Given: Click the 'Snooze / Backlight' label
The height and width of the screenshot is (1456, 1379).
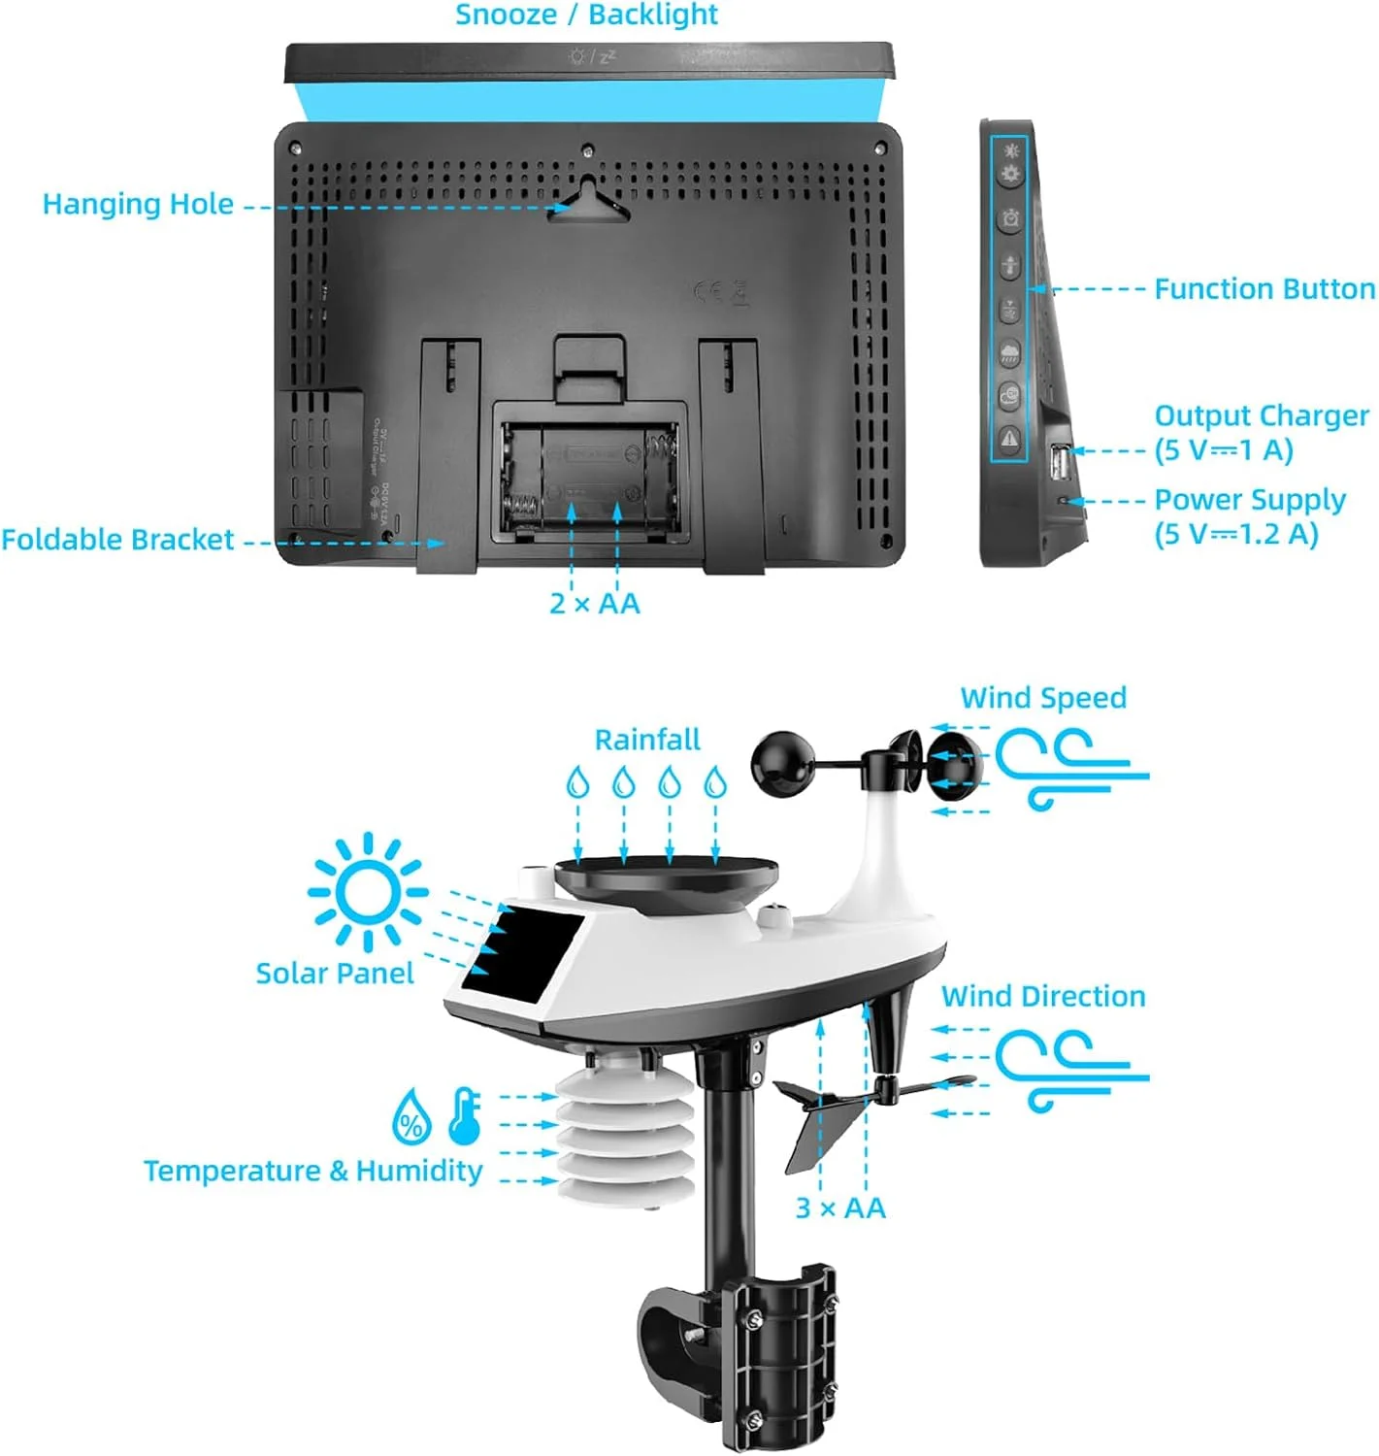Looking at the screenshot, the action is coord(586,15).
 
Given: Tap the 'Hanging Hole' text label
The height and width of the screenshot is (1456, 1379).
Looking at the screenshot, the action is coord(138,204).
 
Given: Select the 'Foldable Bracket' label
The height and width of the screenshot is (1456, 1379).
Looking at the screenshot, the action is coord(117,539).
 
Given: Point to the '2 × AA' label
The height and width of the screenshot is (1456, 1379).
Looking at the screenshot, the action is coord(594,603).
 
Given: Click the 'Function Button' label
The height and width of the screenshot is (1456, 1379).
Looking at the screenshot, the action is coord(1264,289).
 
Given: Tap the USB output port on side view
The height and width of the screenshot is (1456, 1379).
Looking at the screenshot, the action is coord(1060,464).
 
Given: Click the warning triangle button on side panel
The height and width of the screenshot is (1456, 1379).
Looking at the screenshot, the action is coord(1008,438).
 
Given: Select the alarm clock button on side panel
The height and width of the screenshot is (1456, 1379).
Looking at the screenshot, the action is coord(1010,218).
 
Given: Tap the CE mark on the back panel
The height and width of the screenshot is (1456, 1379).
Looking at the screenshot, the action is coord(707,291).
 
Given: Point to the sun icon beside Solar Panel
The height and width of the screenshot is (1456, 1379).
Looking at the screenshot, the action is coord(368,891).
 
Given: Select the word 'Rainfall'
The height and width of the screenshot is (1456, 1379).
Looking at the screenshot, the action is coord(647,739).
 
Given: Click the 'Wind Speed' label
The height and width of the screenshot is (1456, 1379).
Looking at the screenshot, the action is coord(1043,698).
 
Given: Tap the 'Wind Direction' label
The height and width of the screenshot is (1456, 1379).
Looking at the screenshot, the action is coord(1043,996).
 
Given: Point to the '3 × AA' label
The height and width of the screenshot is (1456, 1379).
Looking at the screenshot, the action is coord(839,1208).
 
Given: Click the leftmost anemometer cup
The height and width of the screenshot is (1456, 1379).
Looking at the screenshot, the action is coord(782,763).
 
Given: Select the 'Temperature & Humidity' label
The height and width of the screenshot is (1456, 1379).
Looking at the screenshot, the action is coord(312,1170).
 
